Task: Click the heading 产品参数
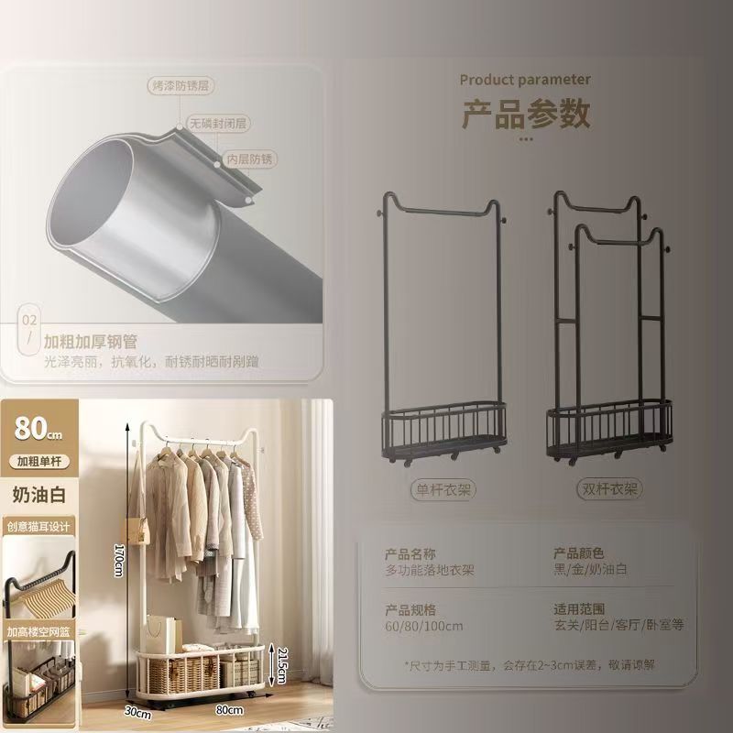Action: [x=525, y=115]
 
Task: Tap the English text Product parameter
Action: [x=525, y=80]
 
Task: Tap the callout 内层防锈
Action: [x=249, y=159]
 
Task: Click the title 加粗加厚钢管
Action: [x=90, y=342]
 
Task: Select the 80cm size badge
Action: [x=38, y=427]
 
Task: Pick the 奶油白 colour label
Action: [x=38, y=494]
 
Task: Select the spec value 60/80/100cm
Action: [x=424, y=626]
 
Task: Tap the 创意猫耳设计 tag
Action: [x=38, y=527]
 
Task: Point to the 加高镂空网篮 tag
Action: [x=38, y=632]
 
